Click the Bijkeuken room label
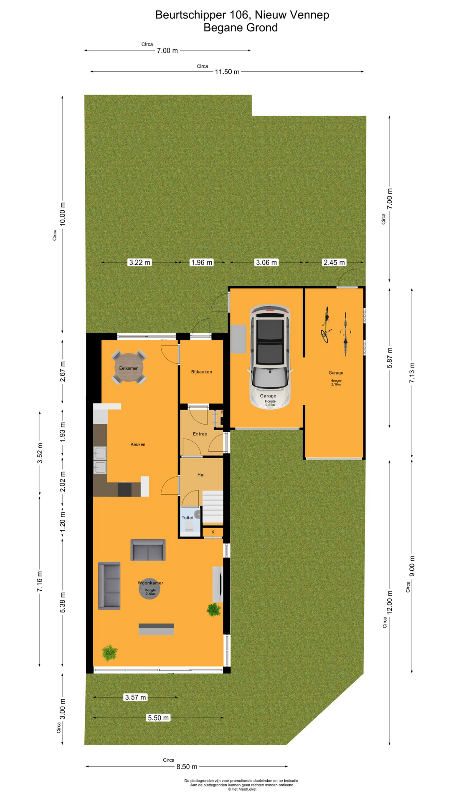201,372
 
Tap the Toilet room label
187,518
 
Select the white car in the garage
270,357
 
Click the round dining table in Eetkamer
129,368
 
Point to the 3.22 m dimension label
139,262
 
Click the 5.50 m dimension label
158,718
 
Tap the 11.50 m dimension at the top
227,72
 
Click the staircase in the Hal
213,506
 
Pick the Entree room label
200,434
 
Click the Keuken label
138,444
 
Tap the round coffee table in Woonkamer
149,589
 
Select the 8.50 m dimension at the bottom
187,766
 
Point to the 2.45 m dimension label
334,262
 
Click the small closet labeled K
213,532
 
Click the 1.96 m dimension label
201,262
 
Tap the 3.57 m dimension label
136,697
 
